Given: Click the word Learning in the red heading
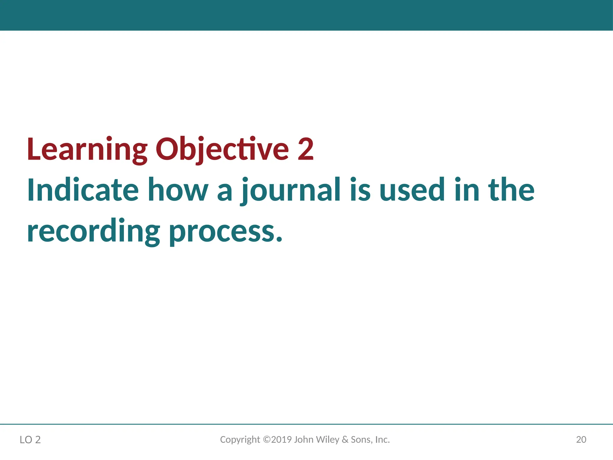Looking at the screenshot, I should click(x=87, y=150).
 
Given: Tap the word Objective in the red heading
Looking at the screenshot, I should click(x=222, y=150).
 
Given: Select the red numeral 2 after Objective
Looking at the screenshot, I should click(x=306, y=149).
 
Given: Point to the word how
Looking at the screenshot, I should click(x=178, y=190).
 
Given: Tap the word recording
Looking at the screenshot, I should click(x=93, y=231).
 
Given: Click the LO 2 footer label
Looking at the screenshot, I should click(x=30, y=440).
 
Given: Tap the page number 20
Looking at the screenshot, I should click(x=581, y=439).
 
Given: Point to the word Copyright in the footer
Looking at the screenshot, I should click(x=240, y=440).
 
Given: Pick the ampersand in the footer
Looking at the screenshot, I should click(x=345, y=439).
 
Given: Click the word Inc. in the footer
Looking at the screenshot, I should click(x=382, y=439).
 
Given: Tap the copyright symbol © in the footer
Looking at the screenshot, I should click(x=266, y=439).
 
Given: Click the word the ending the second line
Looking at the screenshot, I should click(x=511, y=190).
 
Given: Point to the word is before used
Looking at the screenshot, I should click(x=360, y=190).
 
